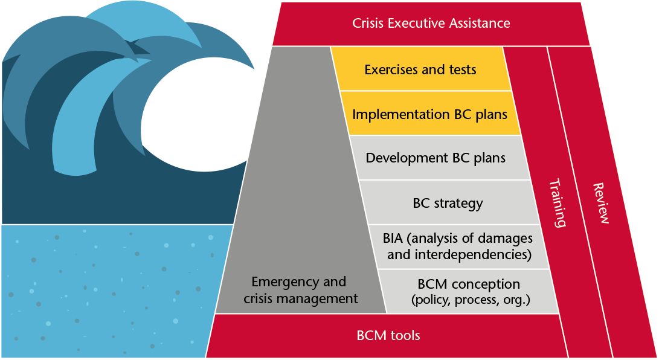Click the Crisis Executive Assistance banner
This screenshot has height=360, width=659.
(x=431, y=24)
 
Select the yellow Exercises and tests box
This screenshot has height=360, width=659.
(x=420, y=69)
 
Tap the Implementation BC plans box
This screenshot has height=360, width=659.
(x=429, y=114)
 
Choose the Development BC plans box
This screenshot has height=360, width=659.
(x=436, y=158)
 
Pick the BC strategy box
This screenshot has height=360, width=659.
(x=448, y=203)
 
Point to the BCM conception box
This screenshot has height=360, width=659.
(x=469, y=291)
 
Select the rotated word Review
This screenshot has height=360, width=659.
(x=601, y=203)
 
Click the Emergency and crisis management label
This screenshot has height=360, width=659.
(x=300, y=290)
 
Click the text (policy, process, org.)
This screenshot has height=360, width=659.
(x=470, y=299)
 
